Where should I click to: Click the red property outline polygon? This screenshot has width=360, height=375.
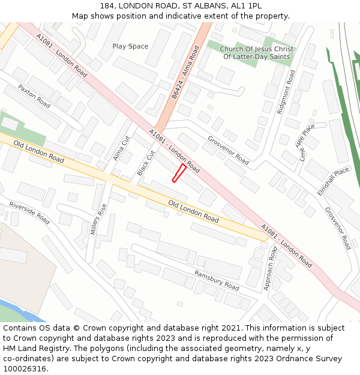[179, 172]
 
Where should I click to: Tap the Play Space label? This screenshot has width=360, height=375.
[130, 46]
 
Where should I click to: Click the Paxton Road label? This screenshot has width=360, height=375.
[34, 95]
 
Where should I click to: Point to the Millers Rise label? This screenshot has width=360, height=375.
[98, 219]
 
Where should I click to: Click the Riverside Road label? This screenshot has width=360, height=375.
[29, 213]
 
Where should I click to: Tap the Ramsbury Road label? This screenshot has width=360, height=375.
[217, 280]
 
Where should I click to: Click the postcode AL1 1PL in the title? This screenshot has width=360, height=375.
[247, 5]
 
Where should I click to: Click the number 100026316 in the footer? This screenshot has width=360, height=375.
[26, 368]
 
